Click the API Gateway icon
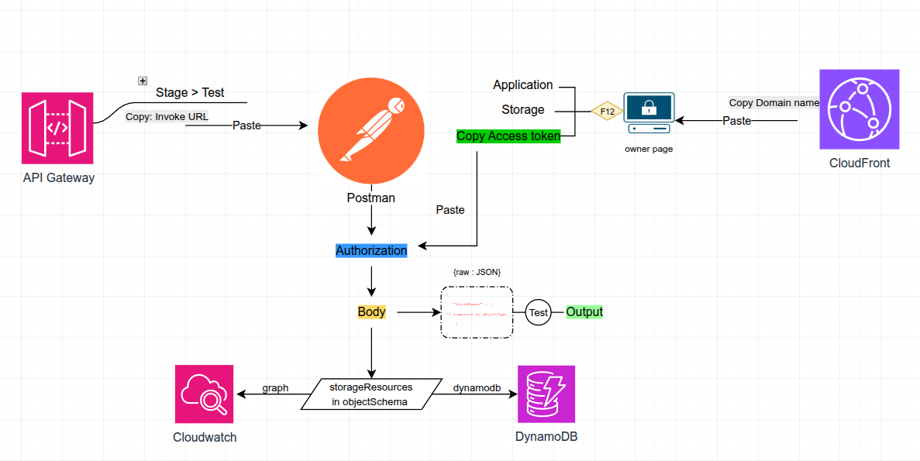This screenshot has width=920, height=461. pyautogui.click(x=58, y=128)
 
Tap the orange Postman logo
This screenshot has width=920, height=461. pyautogui.click(x=371, y=128)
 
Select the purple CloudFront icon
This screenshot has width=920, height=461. pyautogui.click(x=860, y=109)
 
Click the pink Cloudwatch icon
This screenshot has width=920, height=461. pyautogui.click(x=204, y=394)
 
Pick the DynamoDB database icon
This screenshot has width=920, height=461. pyautogui.click(x=546, y=394)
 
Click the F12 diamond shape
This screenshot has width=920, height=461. pyautogui.click(x=608, y=112)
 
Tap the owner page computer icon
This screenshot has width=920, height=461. pyautogui.click(x=649, y=113)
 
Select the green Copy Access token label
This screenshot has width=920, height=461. pyautogui.click(x=508, y=136)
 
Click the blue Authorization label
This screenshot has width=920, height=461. pyautogui.click(x=371, y=250)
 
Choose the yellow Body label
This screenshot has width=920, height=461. pyautogui.click(x=371, y=312)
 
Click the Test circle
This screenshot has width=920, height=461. pyautogui.click(x=538, y=313)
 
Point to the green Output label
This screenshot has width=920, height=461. pyautogui.click(x=584, y=312)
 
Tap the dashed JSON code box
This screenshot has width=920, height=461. pyautogui.click(x=477, y=312)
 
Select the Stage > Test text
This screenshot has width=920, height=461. pyautogui.click(x=190, y=92)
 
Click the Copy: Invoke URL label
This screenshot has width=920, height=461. pyautogui.click(x=167, y=117)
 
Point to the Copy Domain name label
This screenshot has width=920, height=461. pyautogui.click(x=774, y=103)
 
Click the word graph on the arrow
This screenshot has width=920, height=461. pyautogui.click(x=275, y=388)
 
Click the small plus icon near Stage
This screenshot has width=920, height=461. pyautogui.click(x=143, y=81)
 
